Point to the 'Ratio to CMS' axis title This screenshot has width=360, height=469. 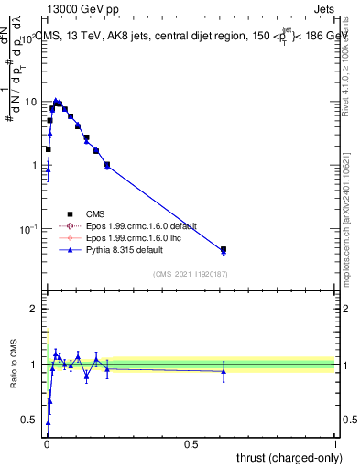point(14,365)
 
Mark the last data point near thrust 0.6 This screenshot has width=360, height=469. point(224,249)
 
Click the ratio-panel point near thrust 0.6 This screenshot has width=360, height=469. point(224,370)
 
